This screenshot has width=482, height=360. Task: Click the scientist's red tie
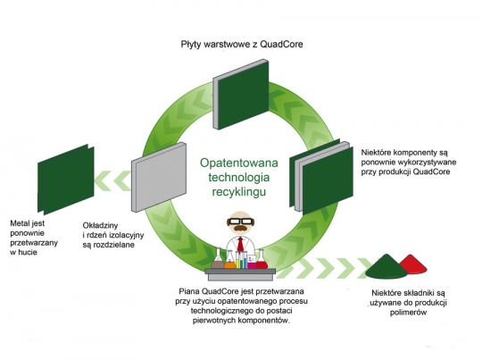(241, 244)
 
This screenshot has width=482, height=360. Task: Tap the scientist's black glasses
(240, 221)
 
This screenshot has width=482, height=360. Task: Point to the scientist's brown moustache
(240, 228)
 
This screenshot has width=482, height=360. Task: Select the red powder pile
(413, 264)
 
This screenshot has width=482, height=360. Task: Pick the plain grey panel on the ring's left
(159, 177)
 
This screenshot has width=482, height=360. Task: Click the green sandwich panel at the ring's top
(241, 94)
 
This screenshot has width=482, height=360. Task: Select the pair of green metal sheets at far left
(66, 180)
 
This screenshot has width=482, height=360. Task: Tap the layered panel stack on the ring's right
(321, 177)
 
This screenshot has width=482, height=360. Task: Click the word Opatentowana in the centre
(239, 163)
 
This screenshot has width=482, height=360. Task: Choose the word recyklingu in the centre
(239, 192)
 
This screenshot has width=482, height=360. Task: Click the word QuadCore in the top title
(281, 45)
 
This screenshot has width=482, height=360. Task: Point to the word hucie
(28, 252)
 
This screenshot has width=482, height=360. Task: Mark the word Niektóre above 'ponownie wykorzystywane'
(376, 153)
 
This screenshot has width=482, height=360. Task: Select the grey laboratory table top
(240, 271)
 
